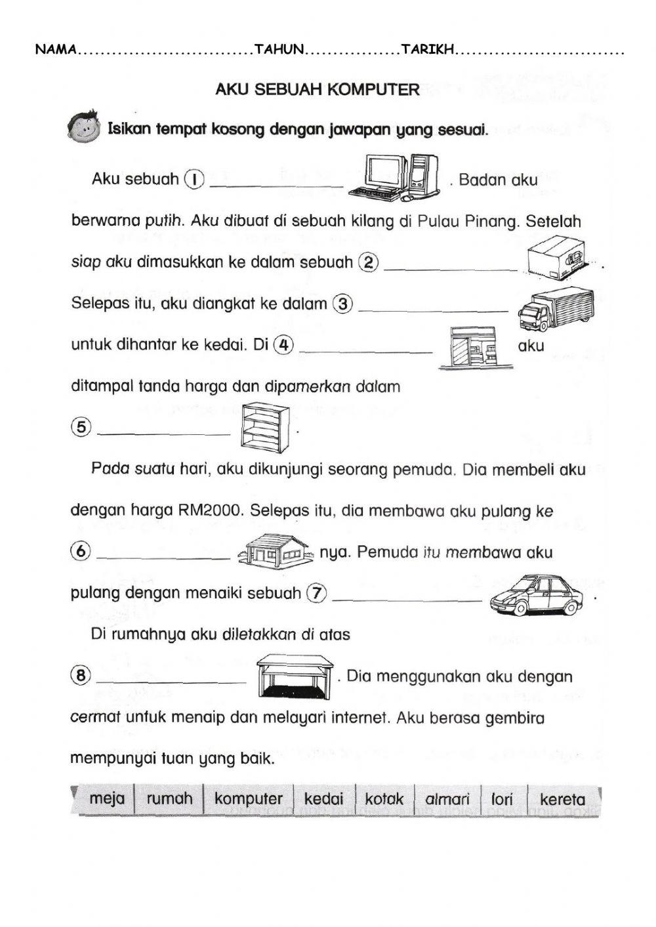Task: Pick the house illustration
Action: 275,548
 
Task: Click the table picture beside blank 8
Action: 295,675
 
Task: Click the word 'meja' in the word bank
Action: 106,799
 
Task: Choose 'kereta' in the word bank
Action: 562,800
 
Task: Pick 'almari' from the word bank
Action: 447,800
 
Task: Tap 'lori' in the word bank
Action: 502,800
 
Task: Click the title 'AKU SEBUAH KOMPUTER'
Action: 318,90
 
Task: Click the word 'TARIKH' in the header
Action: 427,50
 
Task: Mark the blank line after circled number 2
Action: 451,268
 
